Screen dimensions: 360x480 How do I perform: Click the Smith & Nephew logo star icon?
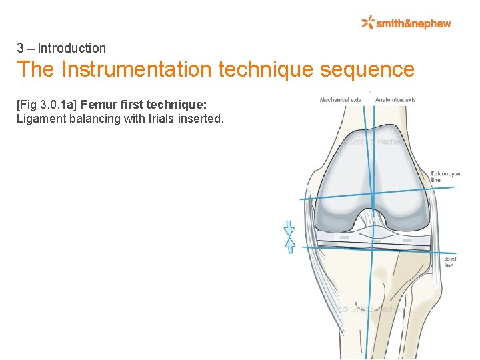coord(368,23)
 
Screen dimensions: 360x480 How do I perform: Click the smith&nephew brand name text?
coord(414,24)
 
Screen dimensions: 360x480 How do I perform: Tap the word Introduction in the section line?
coord(71,48)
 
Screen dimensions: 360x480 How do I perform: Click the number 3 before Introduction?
coord(21,48)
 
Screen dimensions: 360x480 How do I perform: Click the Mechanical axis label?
coord(340,100)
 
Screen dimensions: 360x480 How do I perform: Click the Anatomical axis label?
coord(395,100)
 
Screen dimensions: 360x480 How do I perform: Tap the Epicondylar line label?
coord(445,177)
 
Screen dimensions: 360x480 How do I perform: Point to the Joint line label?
coord(449,262)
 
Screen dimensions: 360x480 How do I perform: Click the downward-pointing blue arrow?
coord(289,229)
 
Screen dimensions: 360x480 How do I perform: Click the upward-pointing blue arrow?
coord(289,245)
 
